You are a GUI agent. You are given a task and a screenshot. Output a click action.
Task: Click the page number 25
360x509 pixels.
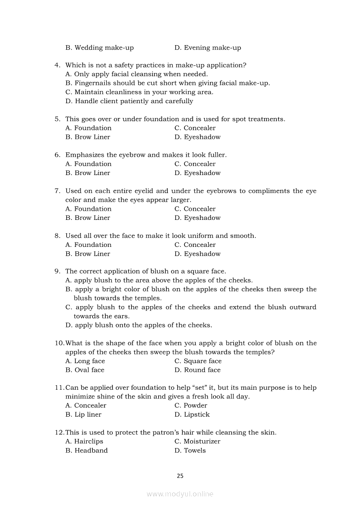pos(180,476)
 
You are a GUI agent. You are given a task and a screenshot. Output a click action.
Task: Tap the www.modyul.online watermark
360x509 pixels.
pos(180,494)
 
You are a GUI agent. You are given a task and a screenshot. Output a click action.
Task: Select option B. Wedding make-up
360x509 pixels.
pos(99,47)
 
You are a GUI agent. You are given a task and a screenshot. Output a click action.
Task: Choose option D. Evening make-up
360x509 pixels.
pos(207,47)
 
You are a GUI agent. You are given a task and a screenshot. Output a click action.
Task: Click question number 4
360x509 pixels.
pos(57,65)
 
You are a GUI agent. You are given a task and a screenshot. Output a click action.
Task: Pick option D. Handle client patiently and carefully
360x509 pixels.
pos(129,101)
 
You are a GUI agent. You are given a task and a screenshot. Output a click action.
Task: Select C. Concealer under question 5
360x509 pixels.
pos(195,128)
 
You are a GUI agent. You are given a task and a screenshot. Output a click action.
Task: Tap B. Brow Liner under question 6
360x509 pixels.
pos(88,173)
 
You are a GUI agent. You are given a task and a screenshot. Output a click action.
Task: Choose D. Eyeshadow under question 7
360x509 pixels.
pos(197,218)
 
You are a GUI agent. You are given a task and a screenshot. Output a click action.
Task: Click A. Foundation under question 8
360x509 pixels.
pos(88,245)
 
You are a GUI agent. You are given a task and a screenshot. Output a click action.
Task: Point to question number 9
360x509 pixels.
pos(57,271)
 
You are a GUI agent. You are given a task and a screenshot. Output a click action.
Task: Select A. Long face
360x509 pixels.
pos(85,361)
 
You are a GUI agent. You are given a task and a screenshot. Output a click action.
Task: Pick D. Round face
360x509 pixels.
pos(197,370)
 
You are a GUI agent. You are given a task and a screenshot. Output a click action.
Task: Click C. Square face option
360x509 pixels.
pos(198,361)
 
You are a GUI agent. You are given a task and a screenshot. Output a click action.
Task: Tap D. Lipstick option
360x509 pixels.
pos(192,415)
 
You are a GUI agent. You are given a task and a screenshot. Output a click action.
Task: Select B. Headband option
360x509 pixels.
pos(86,451)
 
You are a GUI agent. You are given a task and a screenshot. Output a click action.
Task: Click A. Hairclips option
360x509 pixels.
pos(84,442)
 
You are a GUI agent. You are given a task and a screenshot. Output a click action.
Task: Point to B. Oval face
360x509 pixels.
pos(85,370)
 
